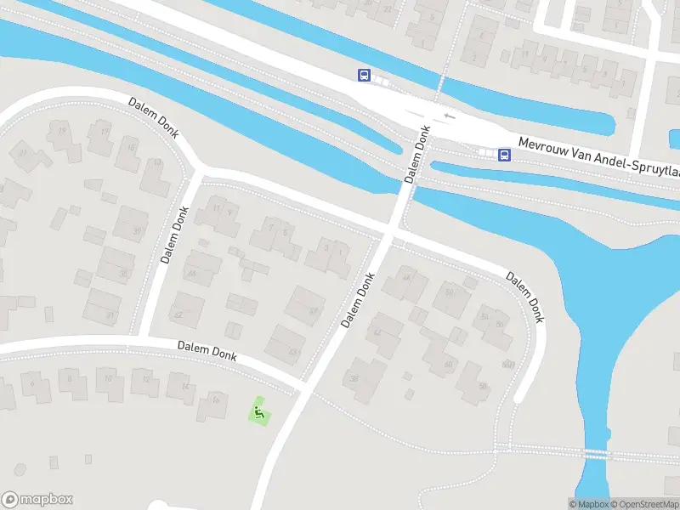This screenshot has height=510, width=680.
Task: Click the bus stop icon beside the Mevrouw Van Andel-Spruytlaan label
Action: (504, 155)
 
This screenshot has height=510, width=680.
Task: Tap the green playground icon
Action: (258, 414)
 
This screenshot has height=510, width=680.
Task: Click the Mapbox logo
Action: (37, 500)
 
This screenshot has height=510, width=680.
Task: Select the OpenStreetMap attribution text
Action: (643, 504)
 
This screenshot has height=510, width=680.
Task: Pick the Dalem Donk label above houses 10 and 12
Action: (207, 349)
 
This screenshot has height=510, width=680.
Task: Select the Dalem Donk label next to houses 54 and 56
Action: (524, 297)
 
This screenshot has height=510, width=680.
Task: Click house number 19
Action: (61, 130)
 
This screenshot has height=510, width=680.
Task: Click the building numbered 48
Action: (405, 277)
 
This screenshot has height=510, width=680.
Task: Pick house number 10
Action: (108, 378)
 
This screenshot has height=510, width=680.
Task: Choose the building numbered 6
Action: (33, 384)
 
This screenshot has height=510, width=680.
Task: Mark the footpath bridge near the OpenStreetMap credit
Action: (598, 453)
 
